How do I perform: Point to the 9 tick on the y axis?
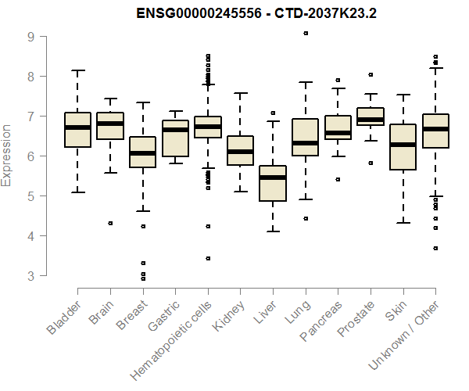(x=30, y=36)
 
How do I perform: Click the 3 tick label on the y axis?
(x=30, y=275)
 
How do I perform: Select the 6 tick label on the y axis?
(x=30, y=156)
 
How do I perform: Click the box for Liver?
(x=273, y=184)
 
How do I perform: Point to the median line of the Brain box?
(x=110, y=124)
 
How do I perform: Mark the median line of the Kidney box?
(x=240, y=152)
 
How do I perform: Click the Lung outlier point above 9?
(x=306, y=33)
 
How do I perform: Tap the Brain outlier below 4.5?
(x=110, y=223)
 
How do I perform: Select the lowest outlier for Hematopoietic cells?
(x=208, y=258)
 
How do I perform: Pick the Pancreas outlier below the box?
(x=338, y=179)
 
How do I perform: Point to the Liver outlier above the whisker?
(x=273, y=113)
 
